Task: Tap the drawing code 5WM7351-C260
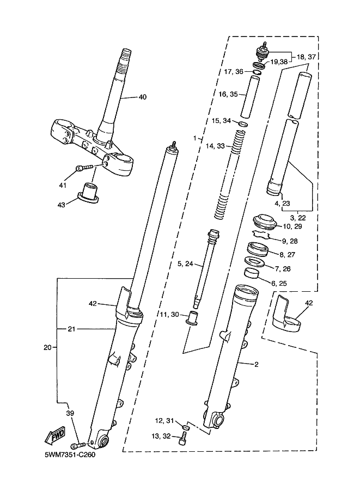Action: pos(70,455)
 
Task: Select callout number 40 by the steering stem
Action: pos(143,97)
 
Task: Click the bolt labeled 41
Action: pos(84,167)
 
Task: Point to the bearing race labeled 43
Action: pos(88,193)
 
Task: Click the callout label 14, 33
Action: pos(215,146)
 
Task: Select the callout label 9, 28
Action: pos(290,241)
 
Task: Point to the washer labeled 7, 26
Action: pos(254,262)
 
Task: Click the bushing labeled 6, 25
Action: pos(251,272)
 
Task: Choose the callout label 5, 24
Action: pos(185,263)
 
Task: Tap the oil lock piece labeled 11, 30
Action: pos(192,318)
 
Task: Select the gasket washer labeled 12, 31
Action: pos(187,428)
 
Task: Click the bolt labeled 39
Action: pos(78,445)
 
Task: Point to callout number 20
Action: pos(47,348)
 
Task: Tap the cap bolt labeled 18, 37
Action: pos(262,52)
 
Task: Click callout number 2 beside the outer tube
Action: pos(257,365)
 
